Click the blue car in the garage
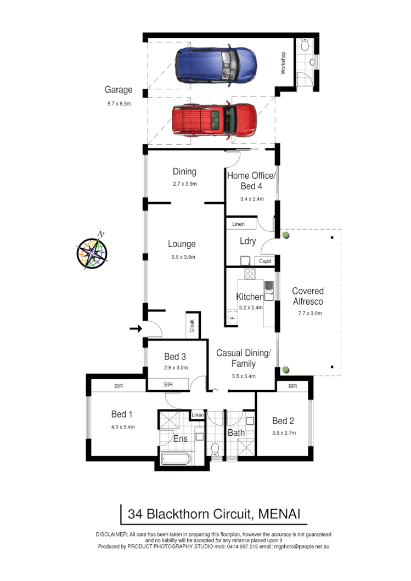point(216,64)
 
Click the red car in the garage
point(214,119)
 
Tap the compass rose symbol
point(92,253)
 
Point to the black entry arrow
point(136,329)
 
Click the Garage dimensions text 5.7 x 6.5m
point(119,103)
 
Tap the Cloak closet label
point(192,327)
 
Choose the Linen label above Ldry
point(238,224)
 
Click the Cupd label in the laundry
point(264,261)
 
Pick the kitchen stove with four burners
point(250,274)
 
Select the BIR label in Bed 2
point(292,386)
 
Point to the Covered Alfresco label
point(307,296)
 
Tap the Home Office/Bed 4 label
point(252,180)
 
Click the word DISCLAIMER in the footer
point(111,534)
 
